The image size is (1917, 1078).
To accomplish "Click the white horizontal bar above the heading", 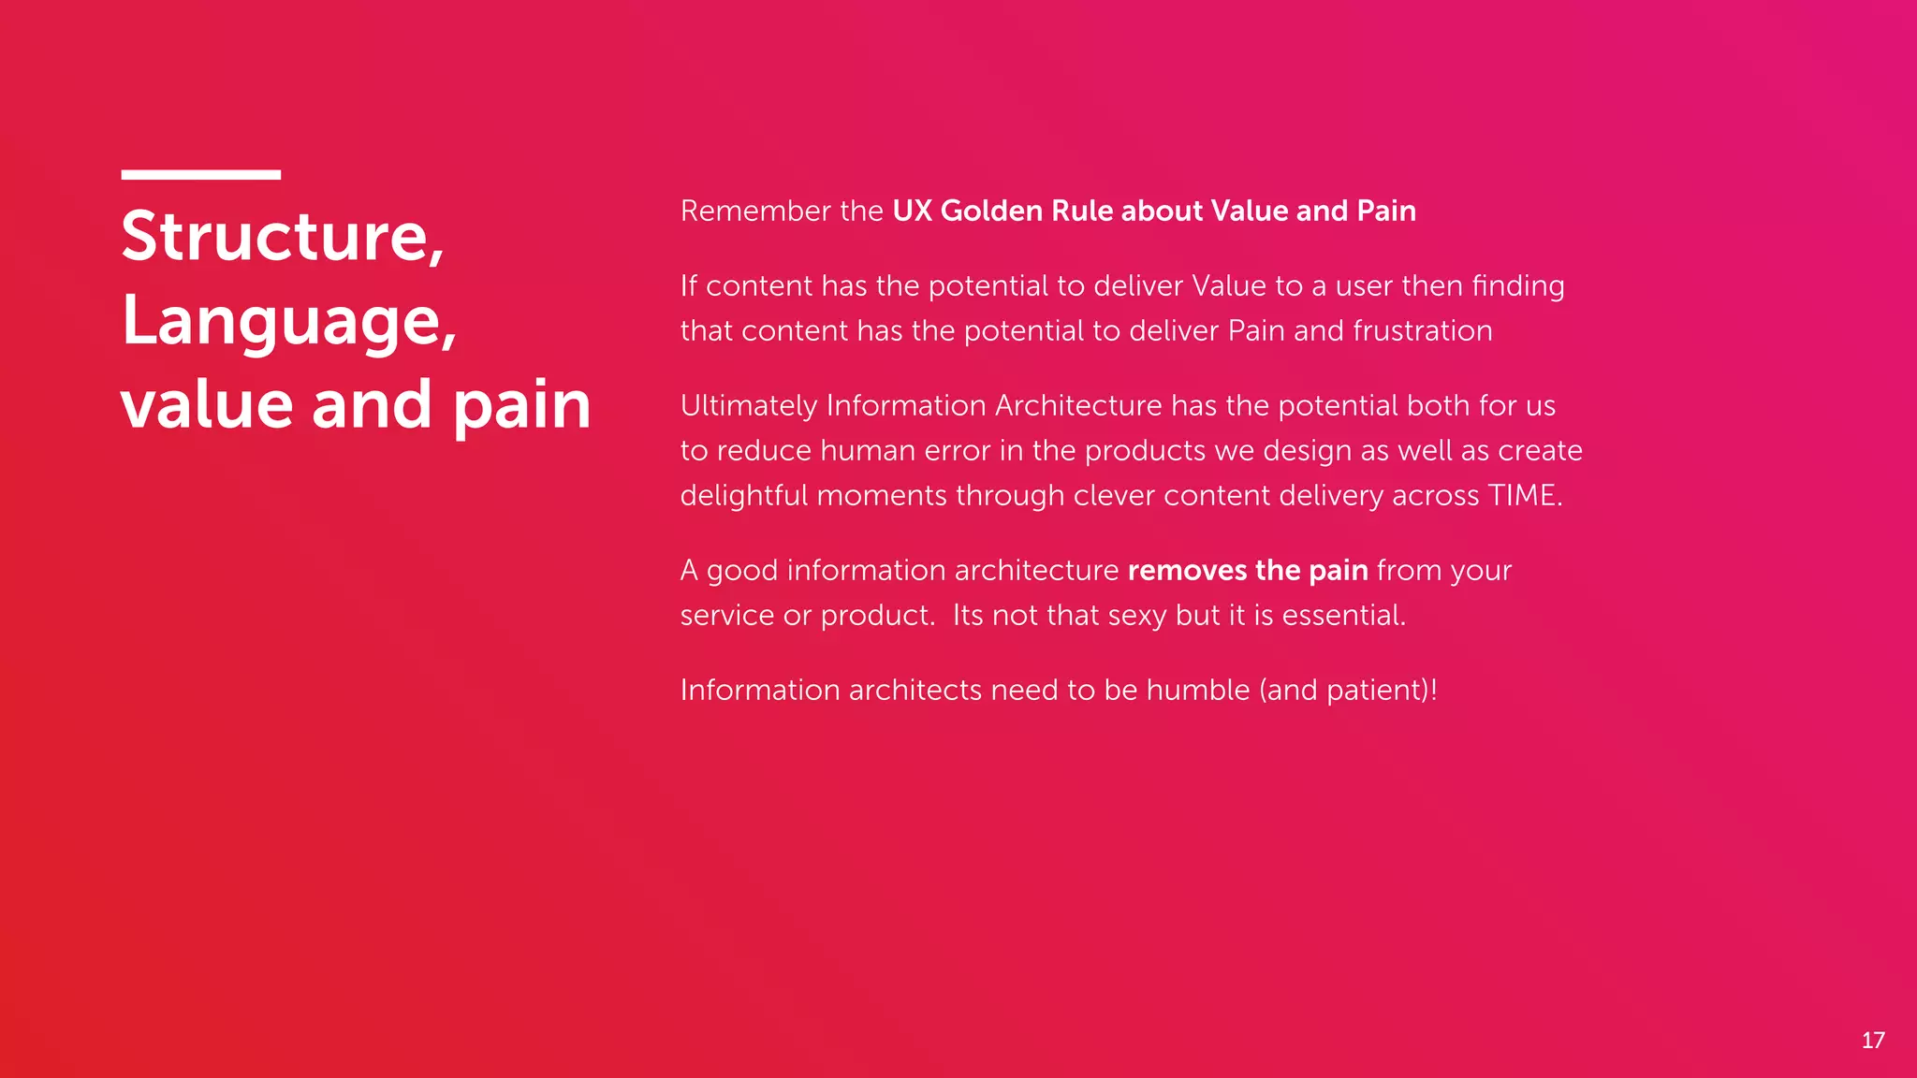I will pyautogui.click(x=200, y=174).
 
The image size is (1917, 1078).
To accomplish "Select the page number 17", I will pyautogui.click(x=1872, y=1041).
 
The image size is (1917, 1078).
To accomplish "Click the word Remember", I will pyautogui.click(x=755, y=211).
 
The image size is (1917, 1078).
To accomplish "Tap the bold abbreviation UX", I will pyautogui.click(x=912, y=211).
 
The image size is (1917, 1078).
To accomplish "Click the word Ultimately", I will pyautogui.click(x=749, y=406).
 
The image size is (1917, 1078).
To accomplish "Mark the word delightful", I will pyautogui.click(x=743, y=496).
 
